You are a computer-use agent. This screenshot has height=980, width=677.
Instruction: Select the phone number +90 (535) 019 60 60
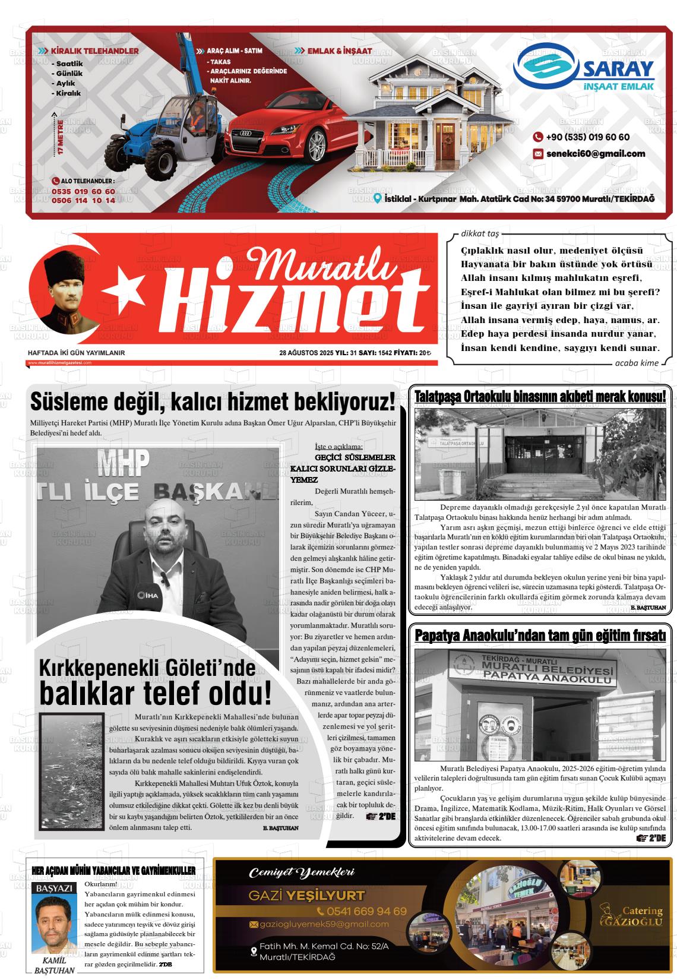(587, 137)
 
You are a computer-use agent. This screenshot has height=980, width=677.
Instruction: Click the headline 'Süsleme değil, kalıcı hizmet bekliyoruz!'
(212, 402)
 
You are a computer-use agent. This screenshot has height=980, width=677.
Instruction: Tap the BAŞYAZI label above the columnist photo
(55, 889)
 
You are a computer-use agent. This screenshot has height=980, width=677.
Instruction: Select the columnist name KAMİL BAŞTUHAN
(55, 966)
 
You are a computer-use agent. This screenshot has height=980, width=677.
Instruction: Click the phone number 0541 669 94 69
(362, 911)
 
